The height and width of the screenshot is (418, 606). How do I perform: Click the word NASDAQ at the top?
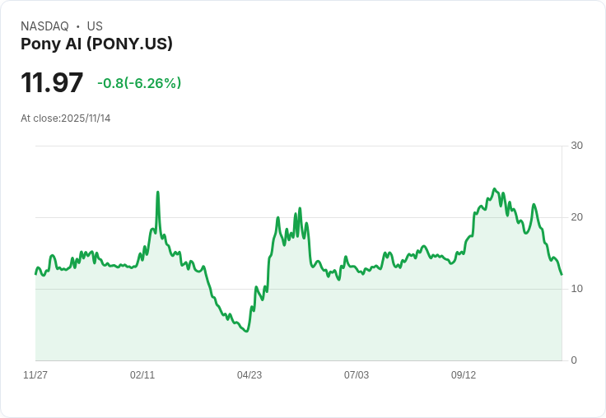click(x=44, y=26)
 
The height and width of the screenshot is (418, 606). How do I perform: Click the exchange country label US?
click(x=95, y=26)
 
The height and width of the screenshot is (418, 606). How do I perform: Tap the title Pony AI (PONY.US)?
click(x=96, y=44)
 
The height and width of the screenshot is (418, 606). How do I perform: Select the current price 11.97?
click(x=52, y=83)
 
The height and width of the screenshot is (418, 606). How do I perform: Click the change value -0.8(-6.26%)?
click(x=139, y=83)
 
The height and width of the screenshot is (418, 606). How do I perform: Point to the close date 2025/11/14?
click(x=86, y=118)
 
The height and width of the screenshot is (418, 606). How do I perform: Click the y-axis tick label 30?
click(x=576, y=146)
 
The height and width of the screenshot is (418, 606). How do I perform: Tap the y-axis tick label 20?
click(x=576, y=217)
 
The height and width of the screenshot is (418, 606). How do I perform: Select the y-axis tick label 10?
click(x=576, y=289)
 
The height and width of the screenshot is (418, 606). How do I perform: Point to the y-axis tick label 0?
click(x=573, y=360)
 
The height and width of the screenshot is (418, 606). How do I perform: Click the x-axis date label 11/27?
click(x=35, y=375)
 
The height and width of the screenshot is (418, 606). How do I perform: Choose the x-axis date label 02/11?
click(x=142, y=375)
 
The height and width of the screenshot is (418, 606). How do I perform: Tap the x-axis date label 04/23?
click(x=249, y=375)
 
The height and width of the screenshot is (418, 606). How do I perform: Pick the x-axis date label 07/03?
click(x=357, y=375)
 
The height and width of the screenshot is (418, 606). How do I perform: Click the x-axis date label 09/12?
click(x=464, y=375)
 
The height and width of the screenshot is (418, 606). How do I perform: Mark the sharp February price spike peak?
click(x=157, y=193)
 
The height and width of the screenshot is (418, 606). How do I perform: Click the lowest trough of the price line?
click(x=246, y=331)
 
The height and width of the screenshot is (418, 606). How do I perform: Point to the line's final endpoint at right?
click(x=562, y=275)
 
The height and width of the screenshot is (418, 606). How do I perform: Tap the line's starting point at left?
click(x=35, y=273)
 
